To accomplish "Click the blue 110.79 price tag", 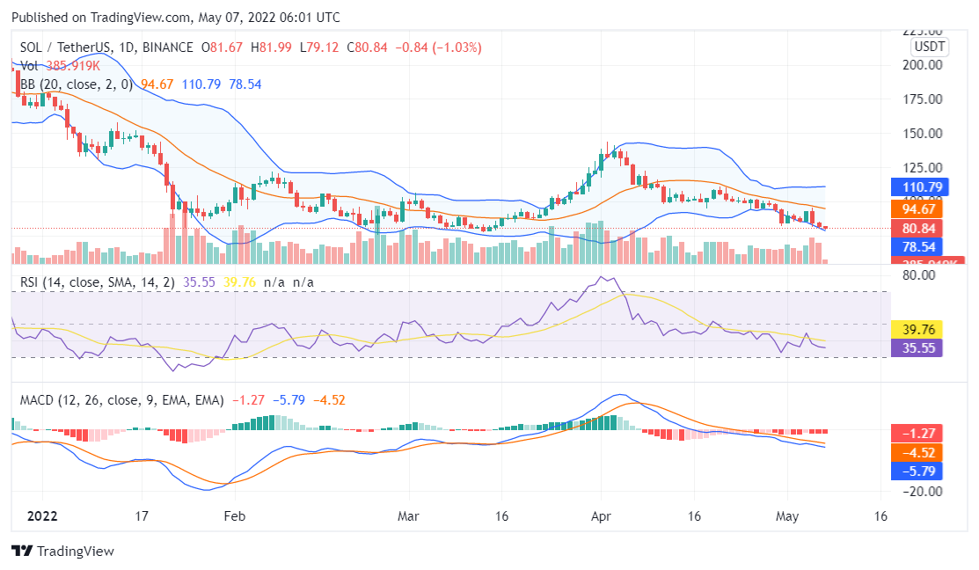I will [x=917, y=186].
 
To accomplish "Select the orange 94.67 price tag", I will [x=917, y=208].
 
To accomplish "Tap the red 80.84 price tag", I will [x=917, y=228].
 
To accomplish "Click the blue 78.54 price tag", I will [x=917, y=246].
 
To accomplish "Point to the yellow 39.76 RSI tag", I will [x=917, y=329].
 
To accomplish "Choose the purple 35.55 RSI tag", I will [x=917, y=347].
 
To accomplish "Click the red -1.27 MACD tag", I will [x=917, y=433].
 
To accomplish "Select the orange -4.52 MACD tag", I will [x=917, y=452].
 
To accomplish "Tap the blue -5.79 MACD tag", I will [x=917, y=471].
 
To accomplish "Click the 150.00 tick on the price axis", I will [x=924, y=134].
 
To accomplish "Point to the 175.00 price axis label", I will [x=924, y=99].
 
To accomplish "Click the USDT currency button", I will [x=929, y=47].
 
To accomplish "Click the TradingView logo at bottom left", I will [x=62, y=551].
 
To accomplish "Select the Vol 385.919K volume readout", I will [x=60, y=65].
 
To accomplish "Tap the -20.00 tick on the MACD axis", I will [x=922, y=492].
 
